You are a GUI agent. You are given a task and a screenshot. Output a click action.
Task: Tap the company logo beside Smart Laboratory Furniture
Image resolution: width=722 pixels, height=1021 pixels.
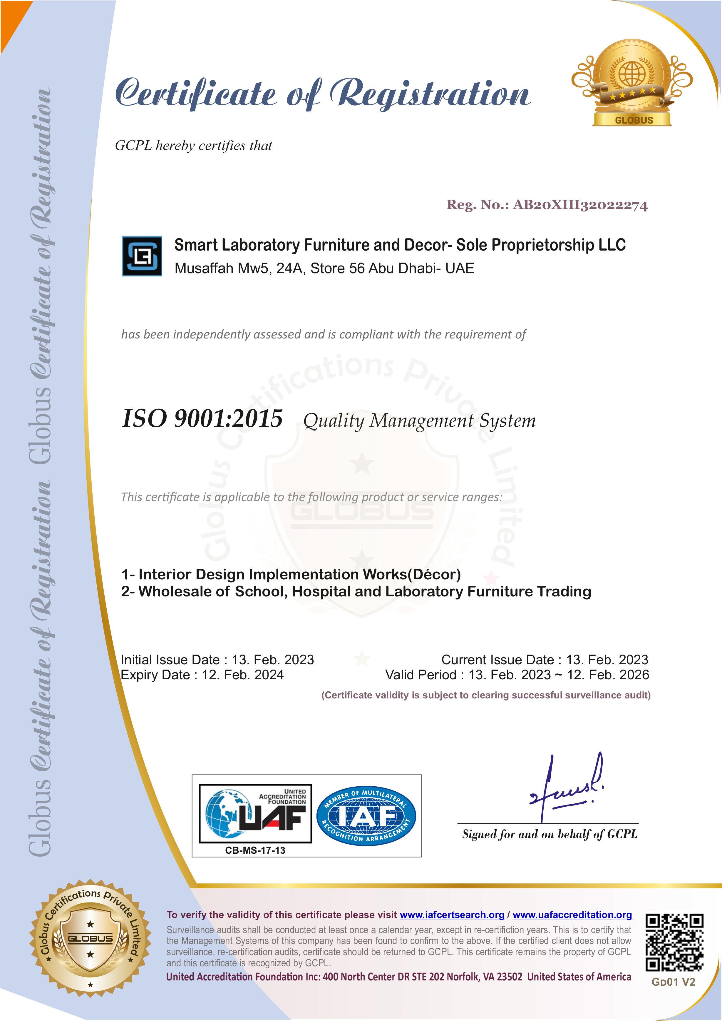pos(142,256)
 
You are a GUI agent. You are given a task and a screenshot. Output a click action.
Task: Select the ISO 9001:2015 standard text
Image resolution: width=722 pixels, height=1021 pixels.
pos(202,419)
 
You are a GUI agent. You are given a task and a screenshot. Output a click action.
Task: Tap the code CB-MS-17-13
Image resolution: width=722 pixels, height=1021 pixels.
pos(255,850)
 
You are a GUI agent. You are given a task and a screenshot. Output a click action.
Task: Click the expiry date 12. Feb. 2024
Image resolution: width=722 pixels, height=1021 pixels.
pos(243,675)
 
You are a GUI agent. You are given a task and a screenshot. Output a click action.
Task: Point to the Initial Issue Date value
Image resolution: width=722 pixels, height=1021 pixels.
pos(272,660)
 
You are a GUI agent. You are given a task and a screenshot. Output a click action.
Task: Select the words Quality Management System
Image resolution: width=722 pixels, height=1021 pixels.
pos(419,421)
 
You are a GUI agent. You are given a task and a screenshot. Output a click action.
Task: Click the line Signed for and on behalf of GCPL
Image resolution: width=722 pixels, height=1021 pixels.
pos(550,834)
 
